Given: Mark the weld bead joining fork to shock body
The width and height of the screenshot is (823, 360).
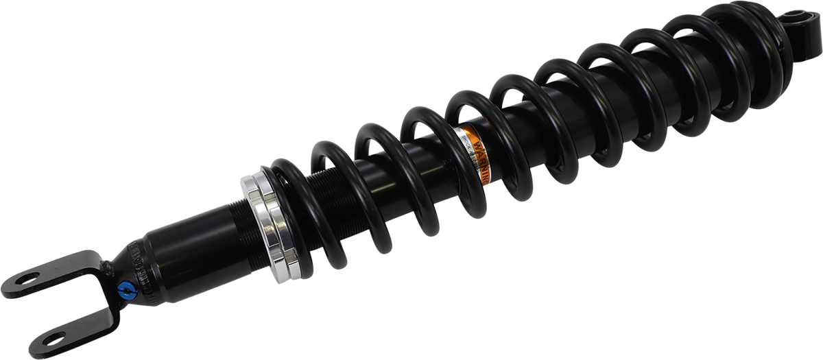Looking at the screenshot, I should [x=108, y=269].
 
